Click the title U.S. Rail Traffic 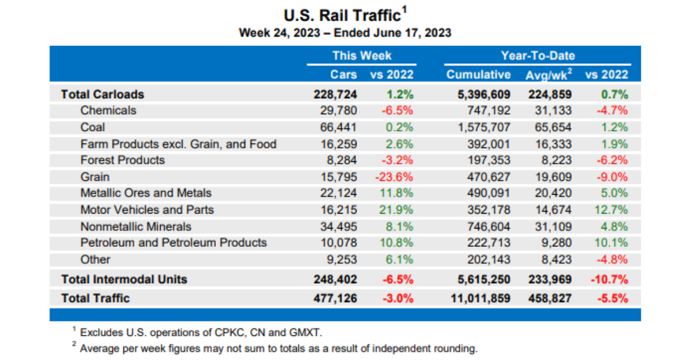tap(342, 15)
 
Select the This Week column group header tap(362, 56)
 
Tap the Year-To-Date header tap(537, 56)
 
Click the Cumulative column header tap(478, 75)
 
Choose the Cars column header tap(343, 75)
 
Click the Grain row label tap(95, 177)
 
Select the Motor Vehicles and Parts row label tap(147, 210)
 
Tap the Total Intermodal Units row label tap(124, 280)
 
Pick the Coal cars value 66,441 tap(339, 127)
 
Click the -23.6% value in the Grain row tap(394, 177)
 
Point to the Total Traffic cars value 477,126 tap(336, 298)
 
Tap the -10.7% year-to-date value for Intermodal tap(609, 280)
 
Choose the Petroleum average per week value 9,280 tap(556, 242)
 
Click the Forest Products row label tap(122, 160)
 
